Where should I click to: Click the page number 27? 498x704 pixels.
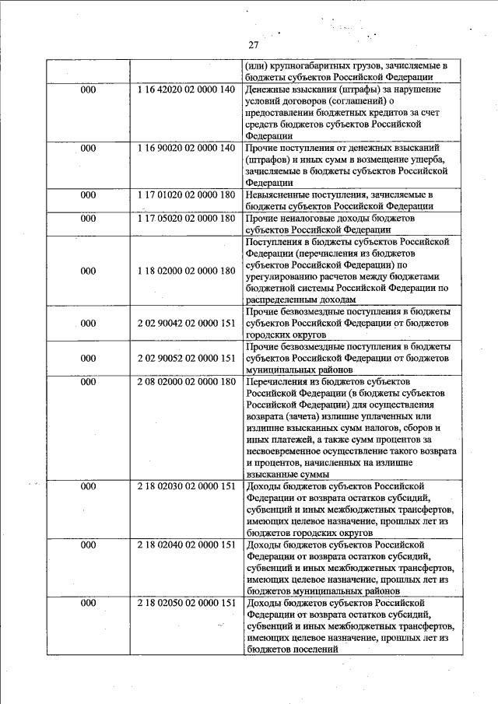pos(253,44)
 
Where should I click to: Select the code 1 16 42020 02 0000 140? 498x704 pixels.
pos(185,90)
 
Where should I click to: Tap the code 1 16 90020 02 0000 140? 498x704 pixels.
pos(185,147)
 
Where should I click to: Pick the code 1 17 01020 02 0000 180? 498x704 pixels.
pos(185,194)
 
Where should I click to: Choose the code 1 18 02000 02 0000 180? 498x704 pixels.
pos(185,271)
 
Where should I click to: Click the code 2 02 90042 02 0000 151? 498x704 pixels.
pos(185,323)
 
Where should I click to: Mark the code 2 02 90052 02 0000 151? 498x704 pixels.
pos(185,359)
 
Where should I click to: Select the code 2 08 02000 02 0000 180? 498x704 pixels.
pos(185,382)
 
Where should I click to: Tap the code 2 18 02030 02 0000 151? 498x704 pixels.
pos(185,486)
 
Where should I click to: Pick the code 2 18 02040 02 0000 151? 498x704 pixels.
pos(185,545)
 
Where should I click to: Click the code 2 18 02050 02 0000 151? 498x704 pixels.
pos(185,603)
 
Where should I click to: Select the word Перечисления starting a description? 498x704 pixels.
pos(278,382)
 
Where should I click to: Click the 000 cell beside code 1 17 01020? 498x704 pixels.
pos(88,194)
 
